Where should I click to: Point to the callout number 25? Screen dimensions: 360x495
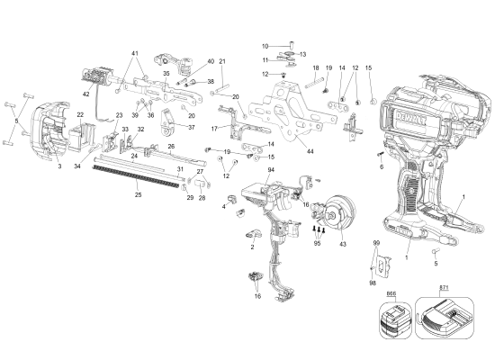coord(138,194)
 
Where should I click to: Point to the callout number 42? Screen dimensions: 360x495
coord(86,94)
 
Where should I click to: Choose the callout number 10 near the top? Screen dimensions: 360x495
coord(265,46)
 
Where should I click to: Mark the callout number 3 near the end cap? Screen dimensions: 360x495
coord(60,166)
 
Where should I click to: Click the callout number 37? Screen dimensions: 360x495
coord(191,127)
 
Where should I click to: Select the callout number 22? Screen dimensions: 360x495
coord(80,114)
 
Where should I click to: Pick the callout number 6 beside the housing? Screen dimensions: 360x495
coord(380,166)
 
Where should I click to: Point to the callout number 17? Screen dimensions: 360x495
coord(214,129)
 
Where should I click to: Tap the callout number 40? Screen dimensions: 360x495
coord(211,61)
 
